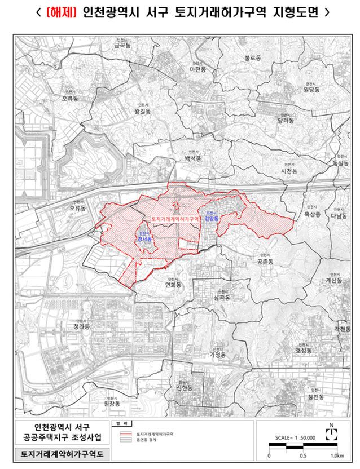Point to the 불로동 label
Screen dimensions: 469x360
(x=252, y=58)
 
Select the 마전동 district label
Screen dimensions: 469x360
(x=199, y=69)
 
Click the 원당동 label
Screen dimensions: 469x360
(x=311, y=89)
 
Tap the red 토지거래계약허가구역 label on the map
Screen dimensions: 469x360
(x=176, y=218)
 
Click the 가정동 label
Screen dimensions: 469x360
(x=217, y=355)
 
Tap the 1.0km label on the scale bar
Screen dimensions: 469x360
(x=337, y=455)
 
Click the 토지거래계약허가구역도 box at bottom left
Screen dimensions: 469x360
(x=55, y=454)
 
